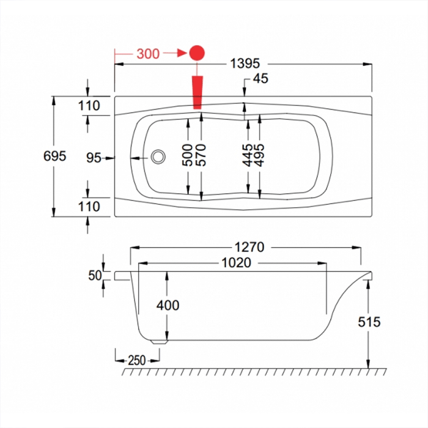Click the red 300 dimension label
click(148, 53)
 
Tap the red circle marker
click(197, 53)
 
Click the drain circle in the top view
click(158, 157)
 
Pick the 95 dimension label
click(93, 158)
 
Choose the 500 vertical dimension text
click(188, 155)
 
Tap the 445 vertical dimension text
click(248, 155)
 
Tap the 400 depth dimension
click(168, 304)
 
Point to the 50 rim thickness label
click(94, 276)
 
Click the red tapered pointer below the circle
click(197, 92)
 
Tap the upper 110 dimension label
click(89, 105)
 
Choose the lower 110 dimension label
click(89, 207)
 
